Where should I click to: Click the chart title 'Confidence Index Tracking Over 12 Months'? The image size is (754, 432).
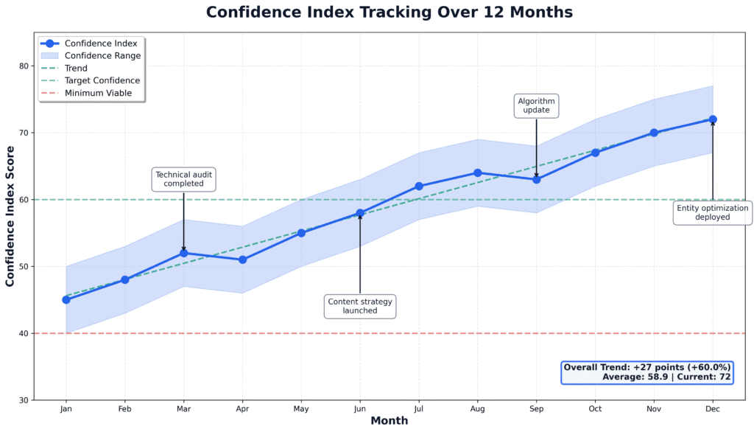(x=389, y=13)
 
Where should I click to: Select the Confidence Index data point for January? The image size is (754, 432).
(x=66, y=299)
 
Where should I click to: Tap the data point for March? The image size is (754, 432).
(x=183, y=253)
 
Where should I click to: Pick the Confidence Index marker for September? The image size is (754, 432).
(x=536, y=179)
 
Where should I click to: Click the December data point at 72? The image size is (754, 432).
(x=713, y=119)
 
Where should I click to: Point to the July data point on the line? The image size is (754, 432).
(x=419, y=186)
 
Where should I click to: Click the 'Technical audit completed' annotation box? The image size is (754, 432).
(x=183, y=179)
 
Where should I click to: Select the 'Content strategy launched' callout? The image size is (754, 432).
(x=360, y=306)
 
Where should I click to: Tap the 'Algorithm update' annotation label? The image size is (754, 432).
(x=536, y=105)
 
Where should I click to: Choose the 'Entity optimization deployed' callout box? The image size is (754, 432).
(x=712, y=212)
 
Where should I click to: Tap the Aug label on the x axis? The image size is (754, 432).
(x=477, y=408)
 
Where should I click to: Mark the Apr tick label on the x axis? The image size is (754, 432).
(x=242, y=408)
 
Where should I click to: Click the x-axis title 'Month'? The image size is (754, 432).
(x=389, y=421)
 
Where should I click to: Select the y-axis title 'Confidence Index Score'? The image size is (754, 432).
(x=10, y=216)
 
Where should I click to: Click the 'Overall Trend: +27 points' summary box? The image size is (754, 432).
(x=646, y=372)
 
